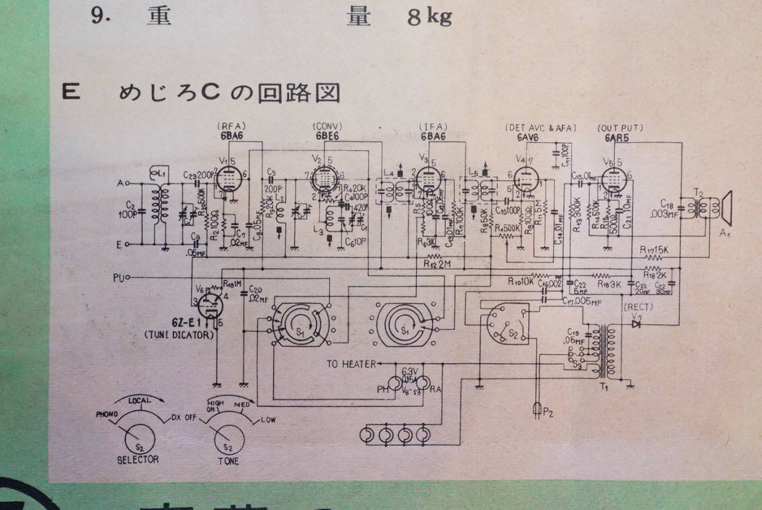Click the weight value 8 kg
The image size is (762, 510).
[429, 17]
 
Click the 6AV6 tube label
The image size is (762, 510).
[525, 138]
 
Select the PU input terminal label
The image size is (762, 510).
[118, 277]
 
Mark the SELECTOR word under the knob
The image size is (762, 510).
[138, 459]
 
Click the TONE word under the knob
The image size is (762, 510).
[228, 460]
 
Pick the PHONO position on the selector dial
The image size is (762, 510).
[107, 414]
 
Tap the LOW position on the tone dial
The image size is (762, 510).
[269, 419]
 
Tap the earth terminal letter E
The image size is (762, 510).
[119, 243]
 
